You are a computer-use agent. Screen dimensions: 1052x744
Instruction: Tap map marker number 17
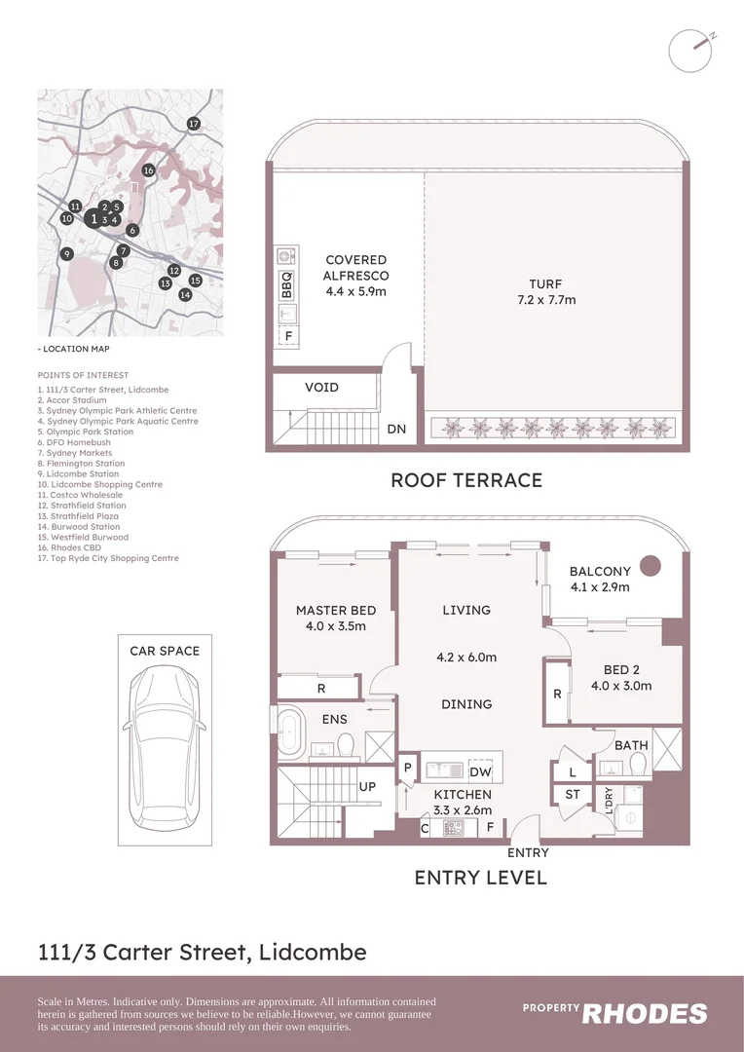click(194, 124)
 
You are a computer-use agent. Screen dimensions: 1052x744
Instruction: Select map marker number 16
click(148, 170)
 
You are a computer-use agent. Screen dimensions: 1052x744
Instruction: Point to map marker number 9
click(67, 254)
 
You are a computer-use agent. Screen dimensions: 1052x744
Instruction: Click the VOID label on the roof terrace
click(321, 388)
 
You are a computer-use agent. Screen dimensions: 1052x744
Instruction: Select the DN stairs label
click(396, 430)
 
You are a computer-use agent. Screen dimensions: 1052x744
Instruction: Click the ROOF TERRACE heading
click(465, 480)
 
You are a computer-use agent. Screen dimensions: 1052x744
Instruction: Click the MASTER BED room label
click(335, 611)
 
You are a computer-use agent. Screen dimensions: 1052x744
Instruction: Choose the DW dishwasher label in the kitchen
click(479, 771)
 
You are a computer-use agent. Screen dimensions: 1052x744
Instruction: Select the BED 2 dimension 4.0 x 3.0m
click(621, 686)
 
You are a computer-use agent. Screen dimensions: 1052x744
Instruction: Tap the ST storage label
click(573, 795)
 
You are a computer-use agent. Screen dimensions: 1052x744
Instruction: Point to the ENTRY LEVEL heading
click(480, 878)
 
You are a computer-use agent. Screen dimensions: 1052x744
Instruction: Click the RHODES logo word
click(645, 1014)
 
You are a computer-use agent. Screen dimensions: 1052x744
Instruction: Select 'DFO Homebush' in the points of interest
click(74, 442)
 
